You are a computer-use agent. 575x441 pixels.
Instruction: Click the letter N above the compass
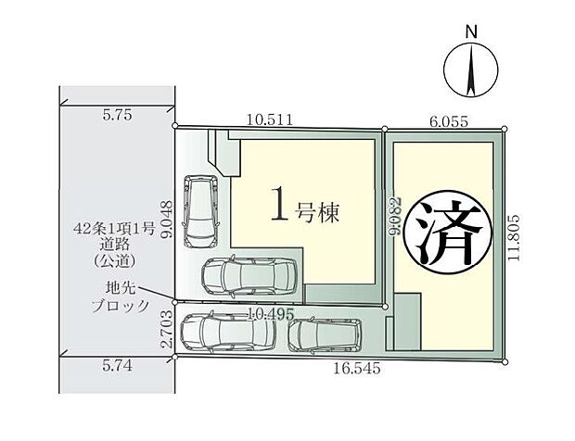[471, 30]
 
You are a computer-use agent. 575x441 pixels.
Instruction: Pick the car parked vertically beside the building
[199, 211]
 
